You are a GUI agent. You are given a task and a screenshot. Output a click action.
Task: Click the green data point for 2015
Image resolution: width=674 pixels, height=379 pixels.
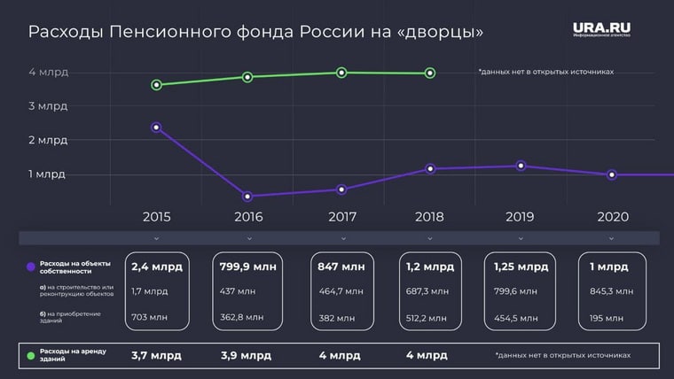[156, 85]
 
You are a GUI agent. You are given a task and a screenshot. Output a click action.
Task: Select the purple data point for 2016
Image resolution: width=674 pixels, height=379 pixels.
[247, 197]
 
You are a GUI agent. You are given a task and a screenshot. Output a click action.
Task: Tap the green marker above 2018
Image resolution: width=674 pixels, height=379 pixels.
[430, 73]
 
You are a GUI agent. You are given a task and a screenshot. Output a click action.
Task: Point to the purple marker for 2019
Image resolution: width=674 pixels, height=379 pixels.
[521, 166]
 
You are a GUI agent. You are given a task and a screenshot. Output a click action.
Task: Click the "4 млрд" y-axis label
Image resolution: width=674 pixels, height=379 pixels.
[47, 72]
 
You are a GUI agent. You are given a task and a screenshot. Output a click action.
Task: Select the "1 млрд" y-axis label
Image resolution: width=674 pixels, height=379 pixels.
[47, 174]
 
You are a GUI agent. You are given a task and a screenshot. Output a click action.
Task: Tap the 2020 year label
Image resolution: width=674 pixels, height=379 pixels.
[612, 216]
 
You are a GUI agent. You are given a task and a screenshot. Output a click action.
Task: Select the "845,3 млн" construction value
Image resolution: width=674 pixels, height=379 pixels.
[612, 290]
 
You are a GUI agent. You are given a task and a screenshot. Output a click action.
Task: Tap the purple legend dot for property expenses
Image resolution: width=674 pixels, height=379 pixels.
[31, 267]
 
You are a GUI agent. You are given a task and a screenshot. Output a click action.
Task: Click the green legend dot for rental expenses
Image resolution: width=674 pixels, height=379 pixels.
[31, 356]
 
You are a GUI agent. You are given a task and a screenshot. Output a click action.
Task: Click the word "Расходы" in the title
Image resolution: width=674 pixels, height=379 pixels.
[65, 33]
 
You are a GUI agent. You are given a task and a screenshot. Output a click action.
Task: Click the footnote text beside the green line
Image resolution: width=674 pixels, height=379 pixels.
[545, 72]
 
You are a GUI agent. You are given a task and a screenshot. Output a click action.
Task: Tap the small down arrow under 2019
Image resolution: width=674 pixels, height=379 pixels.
[521, 238]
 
